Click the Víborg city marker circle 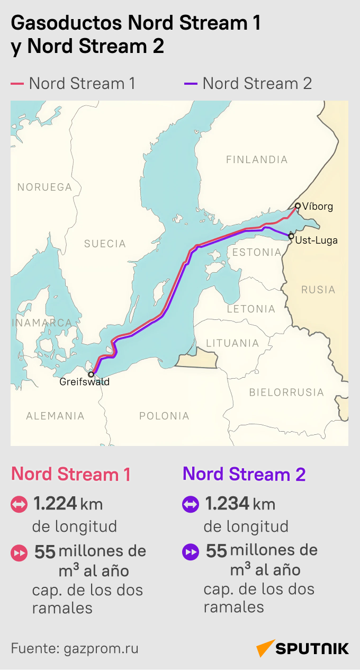coord(298,206)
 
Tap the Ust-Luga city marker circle coord(291,236)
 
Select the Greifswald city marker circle coord(91,374)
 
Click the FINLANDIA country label coord(257,159)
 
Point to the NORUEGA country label coord(44,187)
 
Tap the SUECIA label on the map coord(105,244)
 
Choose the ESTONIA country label coord(257,252)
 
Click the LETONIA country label coord(251,309)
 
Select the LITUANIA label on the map coord(232,343)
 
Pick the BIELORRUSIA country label coord(286,392)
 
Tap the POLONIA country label coord(164,416)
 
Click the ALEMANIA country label coord(55,416)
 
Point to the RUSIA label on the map coord(318,290)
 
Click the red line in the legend coord(17,84)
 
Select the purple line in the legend coord(191,84)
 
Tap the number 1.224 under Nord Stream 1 coord(55,504)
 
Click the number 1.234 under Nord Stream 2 coord(227,504)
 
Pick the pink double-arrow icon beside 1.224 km coord(19,504)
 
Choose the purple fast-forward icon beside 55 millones coord(190,552)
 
